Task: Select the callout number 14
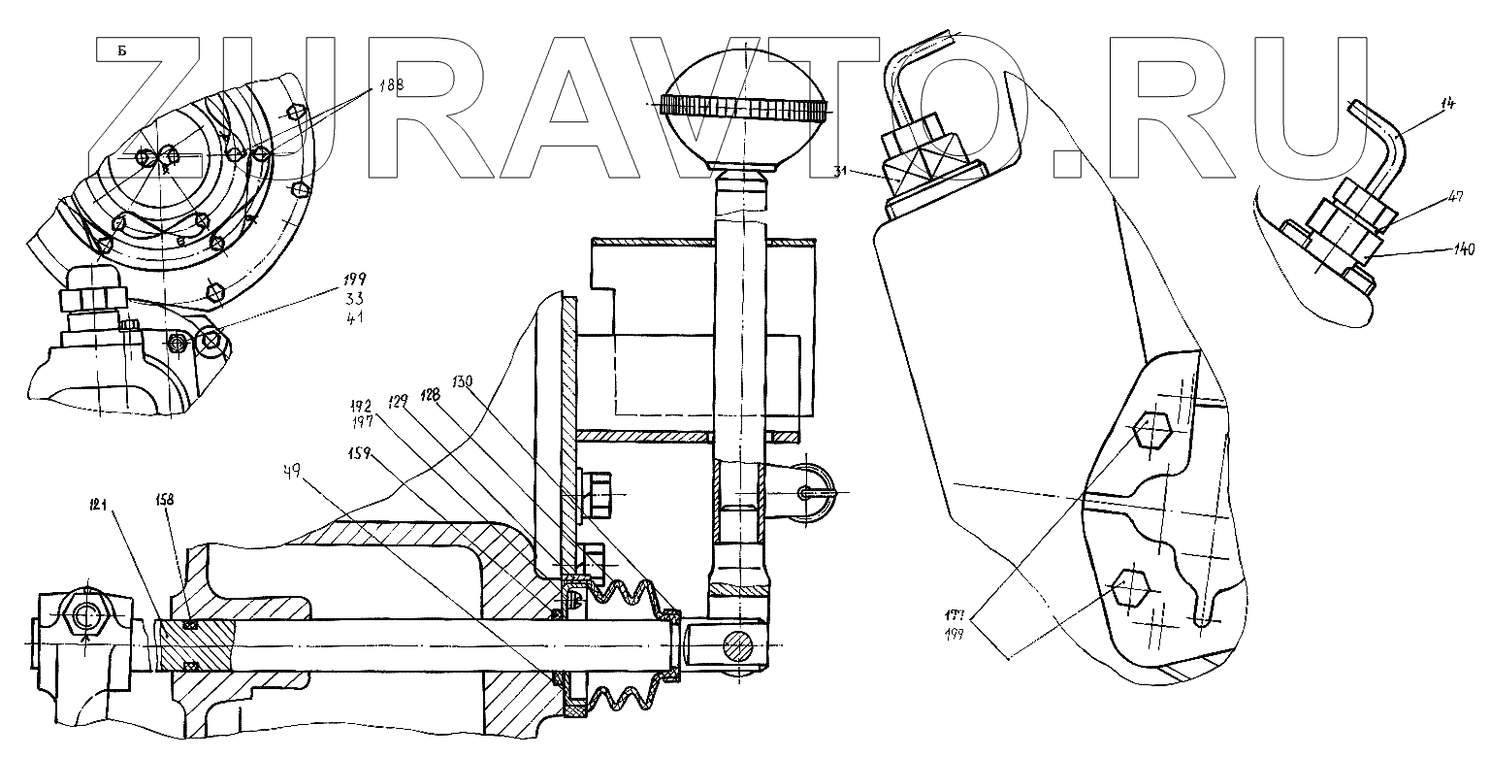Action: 1449,103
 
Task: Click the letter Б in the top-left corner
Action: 121,50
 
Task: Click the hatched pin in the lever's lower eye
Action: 737,645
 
